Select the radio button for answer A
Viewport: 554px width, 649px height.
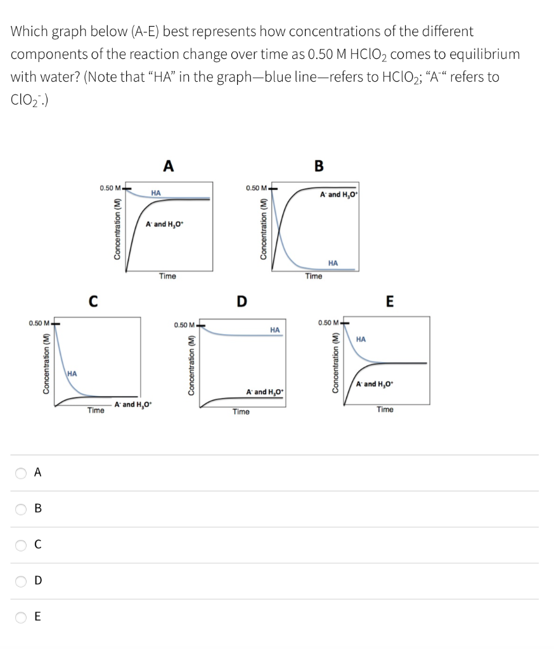pyautogui.click(x=21, y=472)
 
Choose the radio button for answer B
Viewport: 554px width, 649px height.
pyautogui.click(x=21, y=508)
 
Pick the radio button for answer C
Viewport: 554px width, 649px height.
pyautogui.click(x=21, y=544)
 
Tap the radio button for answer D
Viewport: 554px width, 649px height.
pyautogui.click(x=21, y=581)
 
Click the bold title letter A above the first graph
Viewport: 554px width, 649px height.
pyautogui.click(x=168, y=166)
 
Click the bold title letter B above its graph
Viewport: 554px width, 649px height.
pyautogui.click(x=318, y=166)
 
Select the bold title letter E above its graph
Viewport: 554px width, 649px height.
pyautogui.click(x=389, y=300)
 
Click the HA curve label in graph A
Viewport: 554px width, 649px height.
pyautogui.click(x=155, y=192)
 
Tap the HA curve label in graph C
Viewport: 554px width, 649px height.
pyautogui.click(x=72, y=373)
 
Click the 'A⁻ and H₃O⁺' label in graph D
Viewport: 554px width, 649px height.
pyautogui.click(x=265, y=390)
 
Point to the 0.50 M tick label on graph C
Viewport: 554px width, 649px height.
pyautogui.click(x=40, y=324)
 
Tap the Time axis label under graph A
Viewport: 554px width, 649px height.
pyautogui.click(x=167, y=276)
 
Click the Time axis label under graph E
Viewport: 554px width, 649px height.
pyautogui.click(x=385, y=409)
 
